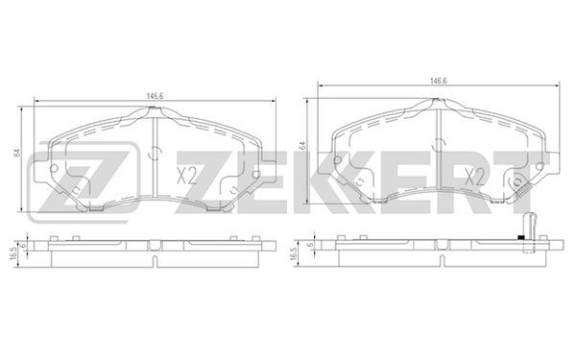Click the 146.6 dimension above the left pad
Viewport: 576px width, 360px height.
(155, 96)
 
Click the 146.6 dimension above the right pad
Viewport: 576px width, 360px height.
(439, 82)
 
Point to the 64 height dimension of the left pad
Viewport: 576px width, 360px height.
(17, 154)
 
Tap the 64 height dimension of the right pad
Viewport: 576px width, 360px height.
(302, 145)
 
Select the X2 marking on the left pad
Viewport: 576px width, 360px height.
(186, 176)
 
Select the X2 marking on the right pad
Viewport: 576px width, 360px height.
(474, 177)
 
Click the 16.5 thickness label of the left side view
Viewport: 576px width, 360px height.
(14, 253)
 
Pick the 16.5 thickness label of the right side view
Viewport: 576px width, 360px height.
(293, 253)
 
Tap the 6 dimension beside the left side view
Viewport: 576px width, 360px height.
(23, 246)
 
